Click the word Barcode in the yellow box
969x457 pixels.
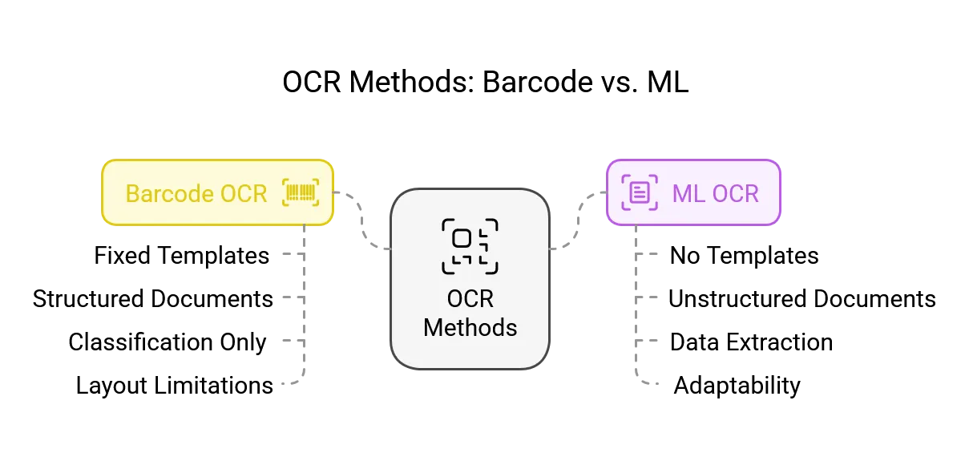pos(169,194)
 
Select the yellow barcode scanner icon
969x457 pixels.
pos(301,193)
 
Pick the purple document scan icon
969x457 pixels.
pos(639,193)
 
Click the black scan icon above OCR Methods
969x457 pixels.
pos(470,246)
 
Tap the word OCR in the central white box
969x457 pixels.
pos(470,299)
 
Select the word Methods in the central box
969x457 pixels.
pos(470,327)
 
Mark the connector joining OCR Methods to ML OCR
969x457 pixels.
pos(577,220)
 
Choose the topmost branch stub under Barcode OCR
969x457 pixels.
pos(293,254)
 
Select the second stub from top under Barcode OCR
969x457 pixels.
pos(293,297)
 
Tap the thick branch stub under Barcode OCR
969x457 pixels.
pos(293,341)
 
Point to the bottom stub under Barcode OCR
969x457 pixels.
pos(289,382)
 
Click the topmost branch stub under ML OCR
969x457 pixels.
pos(649,254)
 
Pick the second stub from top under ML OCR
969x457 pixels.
pos(649,297)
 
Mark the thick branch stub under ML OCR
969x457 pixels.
pos(649,341)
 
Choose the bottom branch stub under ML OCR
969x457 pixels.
pos(649,382)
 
